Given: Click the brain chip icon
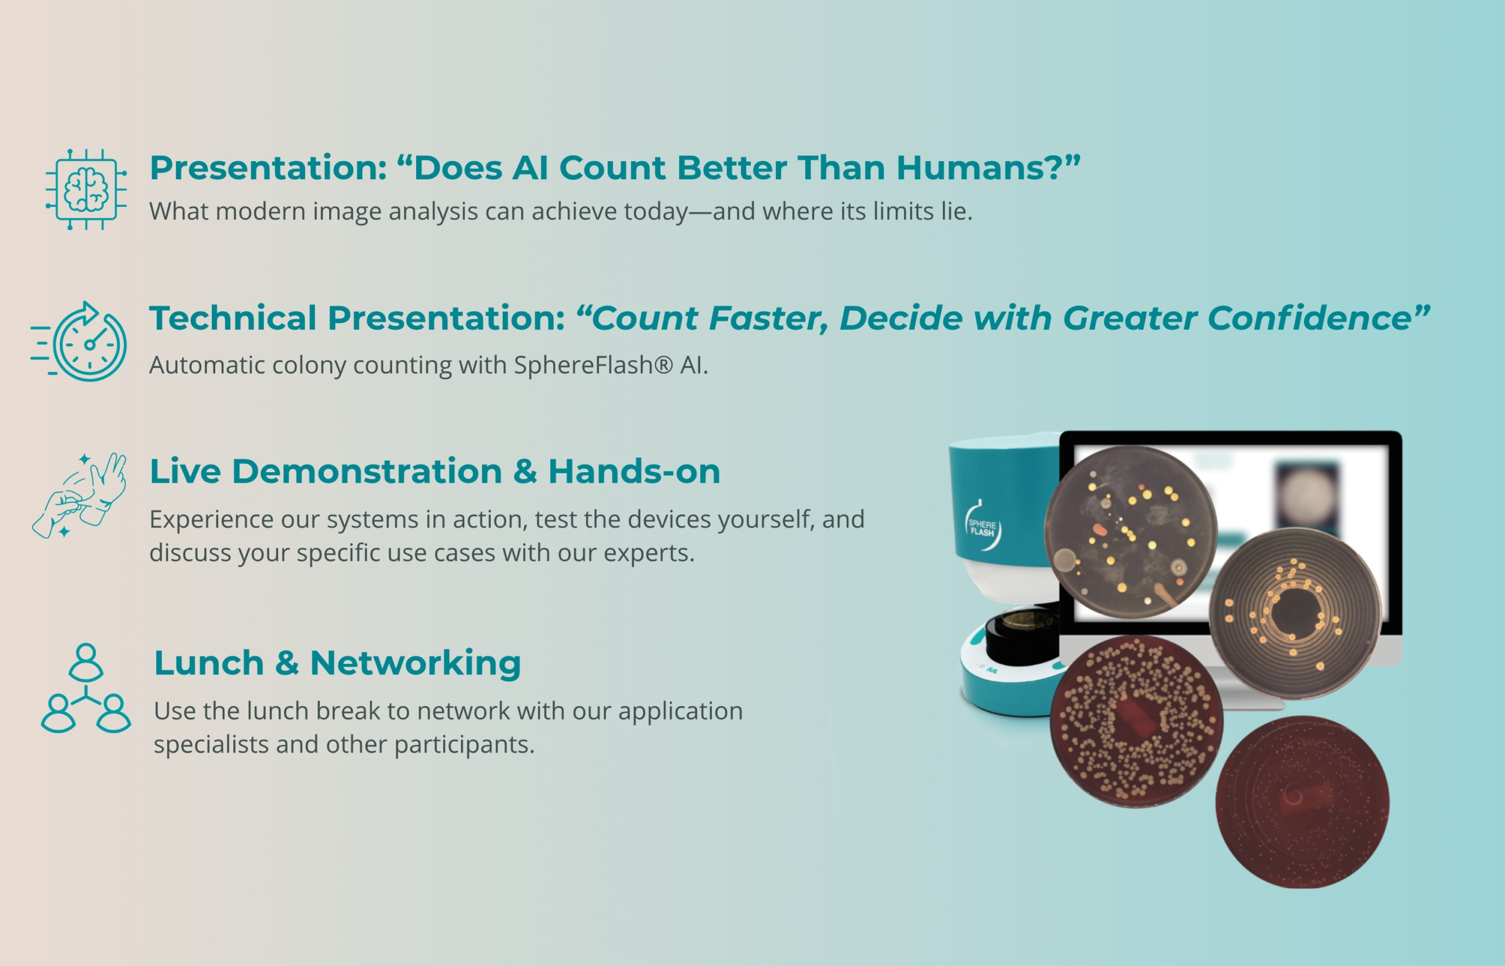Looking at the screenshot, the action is pos(86,189).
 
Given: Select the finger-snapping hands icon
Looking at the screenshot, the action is pos(79,495).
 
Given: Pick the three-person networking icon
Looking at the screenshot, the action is pos(86,688).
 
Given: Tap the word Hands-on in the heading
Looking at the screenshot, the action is pos(634,471).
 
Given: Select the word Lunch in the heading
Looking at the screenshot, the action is pos(209,663).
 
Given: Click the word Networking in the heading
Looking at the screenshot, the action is pos(415,664).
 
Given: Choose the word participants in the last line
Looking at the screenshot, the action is pos(464,745).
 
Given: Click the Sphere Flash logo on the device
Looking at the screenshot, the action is pos(982,526).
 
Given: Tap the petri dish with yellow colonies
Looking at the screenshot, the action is pos(1131,532).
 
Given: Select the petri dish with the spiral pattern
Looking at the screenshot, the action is pos(1295,613).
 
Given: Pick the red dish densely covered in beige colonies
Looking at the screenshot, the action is pos(1136,721).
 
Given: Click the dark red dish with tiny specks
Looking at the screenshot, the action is pos(1302,801).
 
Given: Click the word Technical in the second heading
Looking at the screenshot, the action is pos(233,317).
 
